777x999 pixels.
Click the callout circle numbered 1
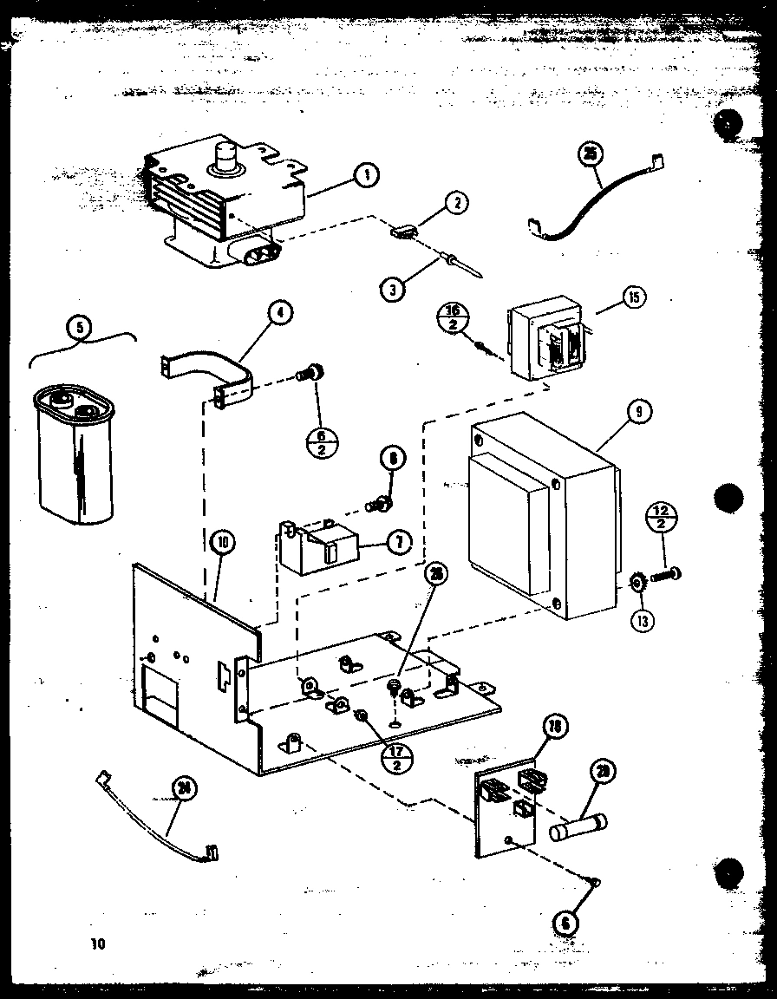click(368, 176)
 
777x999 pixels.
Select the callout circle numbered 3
click(393, 287)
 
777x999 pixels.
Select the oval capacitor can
click(75, 455)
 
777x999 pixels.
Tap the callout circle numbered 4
click(280, 313)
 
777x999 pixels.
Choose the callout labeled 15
click(633, 297)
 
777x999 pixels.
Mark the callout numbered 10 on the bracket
click(222, 544)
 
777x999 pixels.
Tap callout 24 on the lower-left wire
click(183, 788)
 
